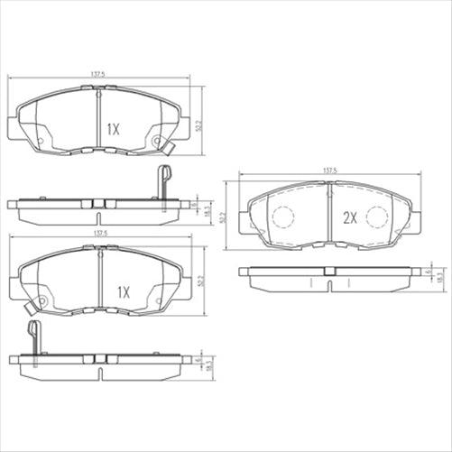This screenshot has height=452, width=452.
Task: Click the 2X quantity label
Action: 350,218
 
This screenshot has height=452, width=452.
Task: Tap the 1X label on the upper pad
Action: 113,129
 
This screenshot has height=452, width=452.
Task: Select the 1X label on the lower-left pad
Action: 123,292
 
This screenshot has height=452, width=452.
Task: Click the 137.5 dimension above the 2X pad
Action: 329,170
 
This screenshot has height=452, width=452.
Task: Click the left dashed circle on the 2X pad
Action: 284,217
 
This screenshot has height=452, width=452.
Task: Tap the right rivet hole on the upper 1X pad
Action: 158,140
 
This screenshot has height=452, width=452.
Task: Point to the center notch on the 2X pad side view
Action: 329,271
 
